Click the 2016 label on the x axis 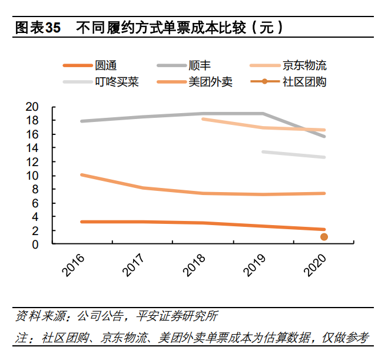pyautogui.click(x=74, y=266)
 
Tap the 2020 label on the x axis pyautogui.click(x=314, y=266)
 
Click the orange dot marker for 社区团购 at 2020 pyautogui.click(x=324, y=237)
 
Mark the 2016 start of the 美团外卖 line pyautogui.click(x=82, y=175)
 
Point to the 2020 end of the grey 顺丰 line pyautogui.click(x=324, y=137)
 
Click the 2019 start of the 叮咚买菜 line pyautogui.click(x=263, y=152)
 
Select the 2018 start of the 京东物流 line pyautogui.click(x=203, y=119)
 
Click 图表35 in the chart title pyautogui.click(x=37, y=28)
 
